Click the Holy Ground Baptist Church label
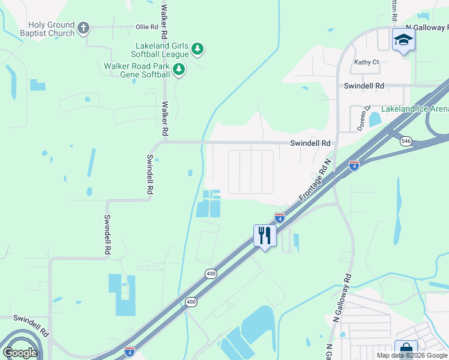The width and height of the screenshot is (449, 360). click(x=51, y=29)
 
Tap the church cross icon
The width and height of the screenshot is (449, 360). click(x=83, y=28)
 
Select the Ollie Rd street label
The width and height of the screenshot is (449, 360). click(x=146, y=27)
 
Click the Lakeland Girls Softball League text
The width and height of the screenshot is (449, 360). click(x=163, y=50)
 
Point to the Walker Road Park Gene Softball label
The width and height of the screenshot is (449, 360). click(x=136, y=70)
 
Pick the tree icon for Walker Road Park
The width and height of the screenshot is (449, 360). click(x=178, y=70)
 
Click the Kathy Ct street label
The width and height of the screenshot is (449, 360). click(x=366, y=62)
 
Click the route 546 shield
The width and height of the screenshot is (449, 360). click(x=406, y=140)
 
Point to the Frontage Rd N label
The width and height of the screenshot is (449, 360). click(x=315, y=180)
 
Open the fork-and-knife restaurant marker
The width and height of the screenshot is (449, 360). click(x=265, y=235)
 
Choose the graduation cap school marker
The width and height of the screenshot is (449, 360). click(x=403, y=41)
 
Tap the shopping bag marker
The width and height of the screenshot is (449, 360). click(x=406, y=350)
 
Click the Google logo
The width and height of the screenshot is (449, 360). click(x=20, y=353)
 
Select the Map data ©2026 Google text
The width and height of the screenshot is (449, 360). click(x=411, y=356)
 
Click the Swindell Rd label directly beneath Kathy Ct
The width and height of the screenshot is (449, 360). click(x=364, y=86)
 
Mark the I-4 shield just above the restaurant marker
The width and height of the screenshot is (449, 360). click(x=279, y=216)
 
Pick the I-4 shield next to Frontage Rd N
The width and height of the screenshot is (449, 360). click(x=354, y=164)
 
